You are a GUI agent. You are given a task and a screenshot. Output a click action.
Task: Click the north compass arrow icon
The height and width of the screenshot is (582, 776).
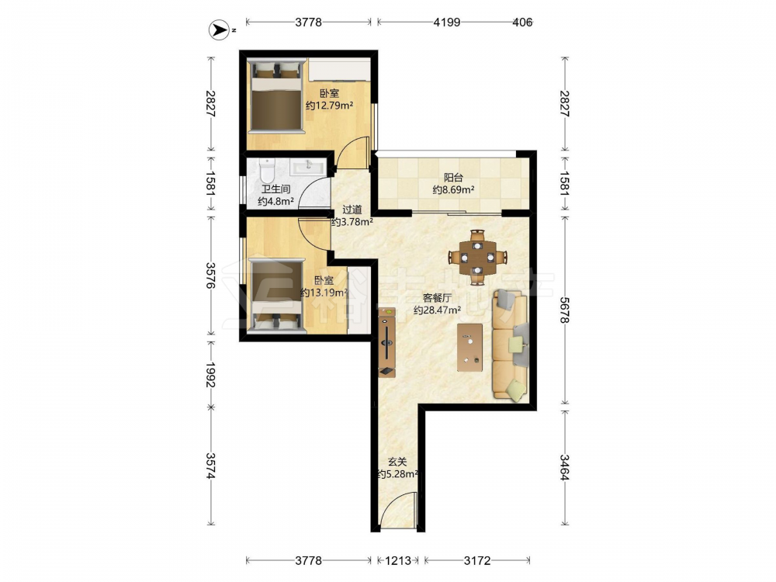pos(218,30)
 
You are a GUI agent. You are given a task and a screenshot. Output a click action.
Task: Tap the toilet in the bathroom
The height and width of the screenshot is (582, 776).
pos(267,171)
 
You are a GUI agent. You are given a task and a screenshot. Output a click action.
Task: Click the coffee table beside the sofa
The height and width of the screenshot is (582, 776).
pos(469,347)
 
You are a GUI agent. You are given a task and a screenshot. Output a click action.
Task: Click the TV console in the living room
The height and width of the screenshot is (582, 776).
pos(386,342)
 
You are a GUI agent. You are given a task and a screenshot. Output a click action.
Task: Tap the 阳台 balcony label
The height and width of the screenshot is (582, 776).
pos(453,178)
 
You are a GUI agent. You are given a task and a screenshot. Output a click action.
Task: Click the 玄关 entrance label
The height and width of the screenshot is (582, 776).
pos(397,462)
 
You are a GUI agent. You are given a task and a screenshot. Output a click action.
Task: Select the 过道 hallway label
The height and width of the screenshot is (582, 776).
pos(352,210)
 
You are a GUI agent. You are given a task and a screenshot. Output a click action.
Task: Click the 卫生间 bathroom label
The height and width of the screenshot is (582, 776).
pos(276,189)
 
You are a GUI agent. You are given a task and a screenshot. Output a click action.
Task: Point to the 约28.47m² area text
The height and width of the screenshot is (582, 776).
pos(437,311)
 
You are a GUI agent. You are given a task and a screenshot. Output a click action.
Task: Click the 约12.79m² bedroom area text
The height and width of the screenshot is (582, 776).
pos(329,106)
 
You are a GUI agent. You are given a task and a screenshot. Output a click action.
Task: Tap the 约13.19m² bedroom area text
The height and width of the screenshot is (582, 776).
pos(324,293)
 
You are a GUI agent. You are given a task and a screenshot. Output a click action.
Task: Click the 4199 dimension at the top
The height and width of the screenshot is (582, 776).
pos(447,23)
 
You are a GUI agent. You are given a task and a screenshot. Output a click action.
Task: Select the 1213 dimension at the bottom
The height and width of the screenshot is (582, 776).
pos(398,561)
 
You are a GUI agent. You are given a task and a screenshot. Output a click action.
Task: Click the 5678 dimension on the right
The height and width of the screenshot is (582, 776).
pos(565,310)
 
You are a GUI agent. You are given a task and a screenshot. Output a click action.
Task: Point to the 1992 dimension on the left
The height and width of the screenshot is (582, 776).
pos(211,375)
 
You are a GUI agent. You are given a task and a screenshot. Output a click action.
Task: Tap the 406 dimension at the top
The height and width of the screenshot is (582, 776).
pos(522,23)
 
